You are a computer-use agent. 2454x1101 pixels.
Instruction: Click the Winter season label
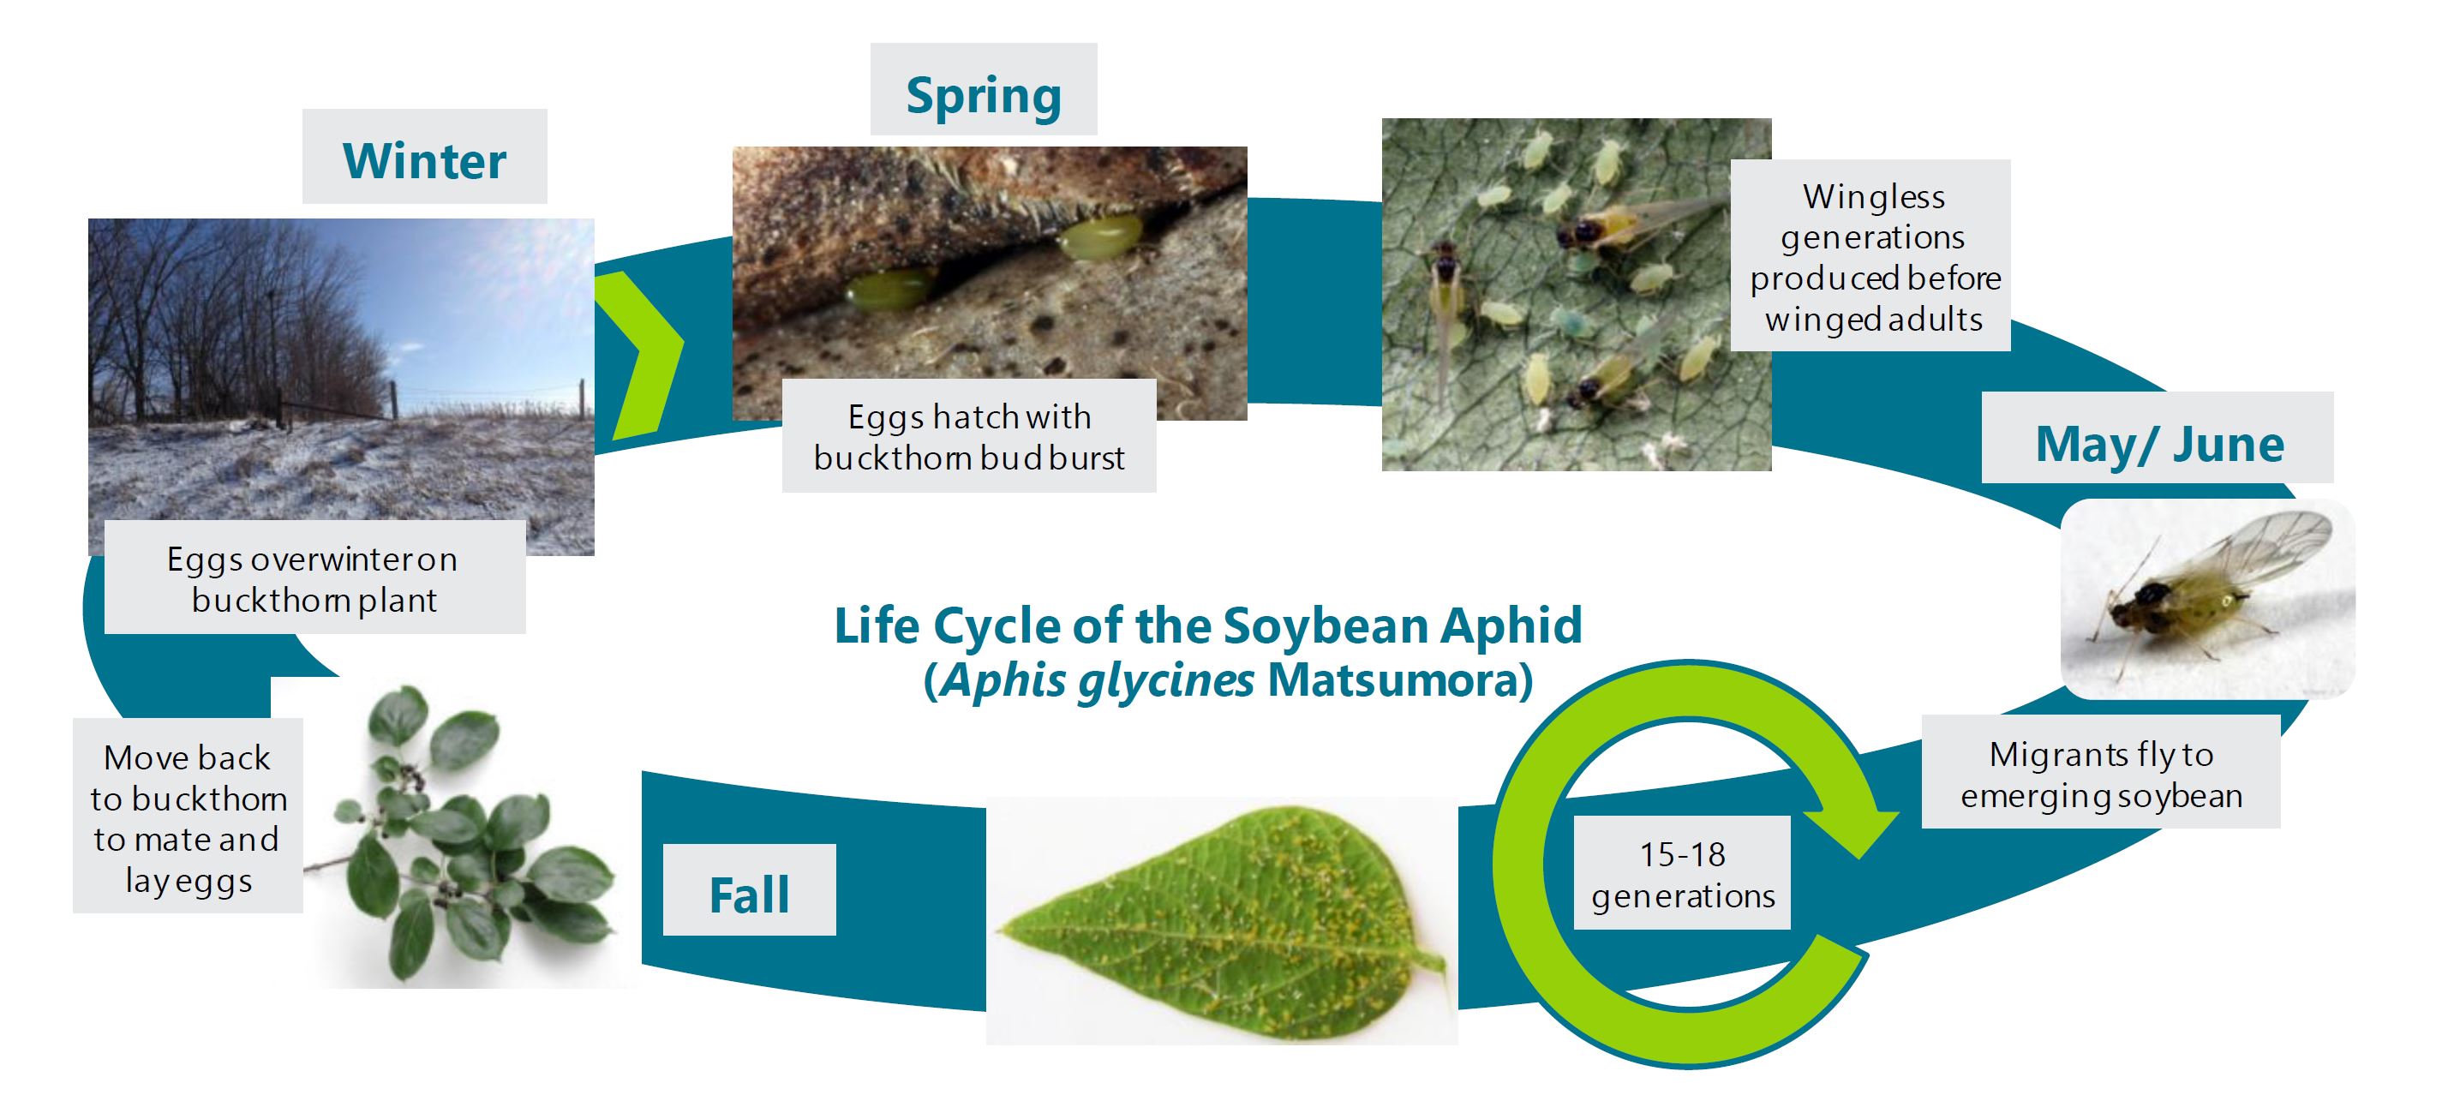point(425,159)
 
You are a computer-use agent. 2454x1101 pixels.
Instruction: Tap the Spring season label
point(983,95)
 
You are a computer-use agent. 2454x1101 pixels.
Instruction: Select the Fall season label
point(749,895)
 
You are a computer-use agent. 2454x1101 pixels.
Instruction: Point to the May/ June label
point(2159,443)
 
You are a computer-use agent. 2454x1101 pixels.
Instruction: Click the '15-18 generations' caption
point(1682,874)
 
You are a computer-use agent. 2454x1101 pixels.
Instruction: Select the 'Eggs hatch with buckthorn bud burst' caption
point(969,436)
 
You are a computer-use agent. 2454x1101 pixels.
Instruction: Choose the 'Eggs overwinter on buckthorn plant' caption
point(314,578)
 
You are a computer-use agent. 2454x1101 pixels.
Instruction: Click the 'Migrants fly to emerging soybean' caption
point(2101,774)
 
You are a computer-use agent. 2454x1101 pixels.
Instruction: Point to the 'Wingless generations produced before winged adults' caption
point(1874,257)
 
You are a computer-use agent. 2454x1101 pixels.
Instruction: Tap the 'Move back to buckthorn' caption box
point(189,817)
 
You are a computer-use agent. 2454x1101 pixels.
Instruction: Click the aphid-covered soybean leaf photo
point(1222,921)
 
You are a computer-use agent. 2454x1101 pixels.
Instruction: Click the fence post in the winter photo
point(392,400)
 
